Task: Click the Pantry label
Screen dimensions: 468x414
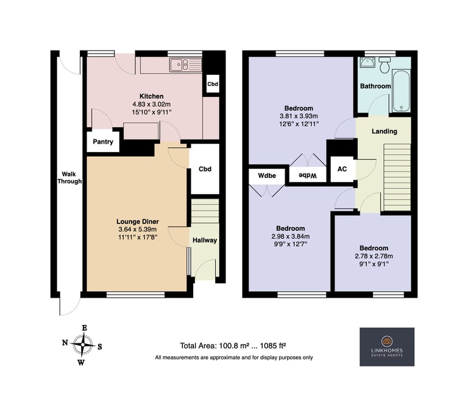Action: (103, 142)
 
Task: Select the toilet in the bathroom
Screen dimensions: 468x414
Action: (384, 65)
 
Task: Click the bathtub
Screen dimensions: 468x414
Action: (401, 91)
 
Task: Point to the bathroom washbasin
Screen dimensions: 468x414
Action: (366, 62)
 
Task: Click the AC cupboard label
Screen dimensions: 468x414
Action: (342, 169)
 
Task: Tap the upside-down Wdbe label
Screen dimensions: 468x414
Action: (307, 176)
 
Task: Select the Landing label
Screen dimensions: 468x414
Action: (385, 132)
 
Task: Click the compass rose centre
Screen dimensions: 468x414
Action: (83, 345)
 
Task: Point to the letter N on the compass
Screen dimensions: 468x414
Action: (65, 343)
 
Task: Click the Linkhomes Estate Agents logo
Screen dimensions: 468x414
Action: (387, 347)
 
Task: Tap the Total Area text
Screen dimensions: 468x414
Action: (233, 346)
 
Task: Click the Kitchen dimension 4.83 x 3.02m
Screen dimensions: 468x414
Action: (152, 104)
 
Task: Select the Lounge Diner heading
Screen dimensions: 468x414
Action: (138, 222)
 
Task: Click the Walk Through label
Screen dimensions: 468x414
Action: (69, 178)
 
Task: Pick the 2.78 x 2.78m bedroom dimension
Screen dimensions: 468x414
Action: (374, 256)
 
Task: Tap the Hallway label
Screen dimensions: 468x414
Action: (205, 240)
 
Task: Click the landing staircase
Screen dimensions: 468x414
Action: (397, 177)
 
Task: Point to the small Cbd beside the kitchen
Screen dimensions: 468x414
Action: (213, 84)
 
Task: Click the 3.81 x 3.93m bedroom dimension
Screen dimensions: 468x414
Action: (299, 116)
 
